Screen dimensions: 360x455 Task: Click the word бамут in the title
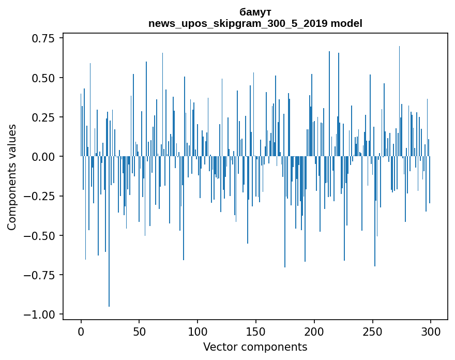pyautogui.click(x=255, y=12)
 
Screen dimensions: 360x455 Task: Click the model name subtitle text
pyautogui.click(x=255, y=23)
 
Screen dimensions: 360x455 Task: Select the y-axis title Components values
pyautogui.click(x=11, y=177)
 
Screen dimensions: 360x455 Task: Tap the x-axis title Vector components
pyautogui.click(x=255, y=347)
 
